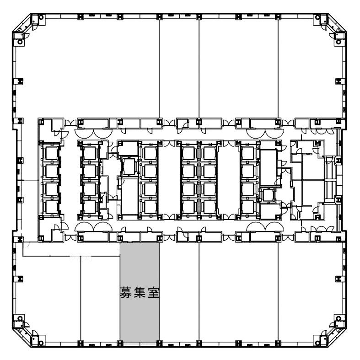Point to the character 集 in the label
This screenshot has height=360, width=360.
coord(140,292)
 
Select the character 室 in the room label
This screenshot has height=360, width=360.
coord(154,292)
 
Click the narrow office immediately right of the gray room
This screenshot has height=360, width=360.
coord(179,291)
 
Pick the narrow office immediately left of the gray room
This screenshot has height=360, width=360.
coord(100,298)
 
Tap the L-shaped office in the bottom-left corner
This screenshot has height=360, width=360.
coord(48,298)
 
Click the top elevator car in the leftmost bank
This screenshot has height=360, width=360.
coord(51,153)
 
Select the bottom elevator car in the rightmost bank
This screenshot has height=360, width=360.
coord(248,207)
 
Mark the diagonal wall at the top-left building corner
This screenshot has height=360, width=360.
coord(21,22)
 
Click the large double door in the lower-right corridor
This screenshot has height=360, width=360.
coord(265,225)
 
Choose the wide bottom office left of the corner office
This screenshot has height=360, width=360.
coord(238,291)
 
